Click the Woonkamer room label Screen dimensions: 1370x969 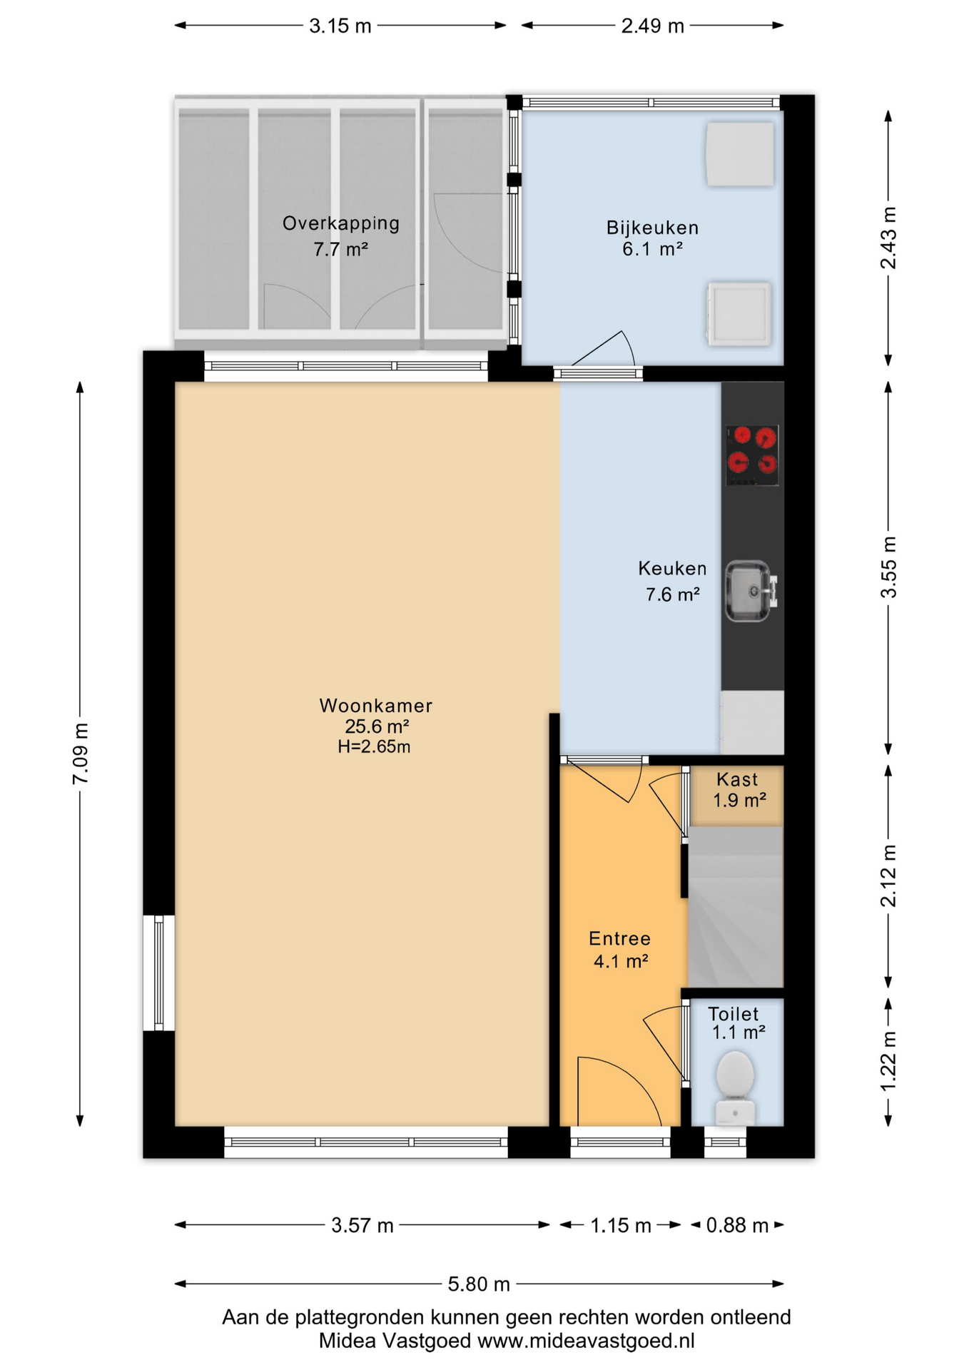point(375,706)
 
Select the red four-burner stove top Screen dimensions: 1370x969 point(752,455)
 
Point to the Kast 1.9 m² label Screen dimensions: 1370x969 point(739,790)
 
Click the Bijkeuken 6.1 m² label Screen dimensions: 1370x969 point(652,238)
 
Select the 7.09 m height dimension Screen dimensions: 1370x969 point(81,753)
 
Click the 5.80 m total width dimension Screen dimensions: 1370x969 point(479,1284)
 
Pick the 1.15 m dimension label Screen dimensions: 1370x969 point(620,1226)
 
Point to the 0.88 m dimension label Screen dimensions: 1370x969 point(737,1226)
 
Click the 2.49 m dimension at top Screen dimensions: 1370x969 point(652,26)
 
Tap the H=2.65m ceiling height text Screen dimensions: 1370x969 point(374,747)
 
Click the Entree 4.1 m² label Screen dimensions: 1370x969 point(620,950)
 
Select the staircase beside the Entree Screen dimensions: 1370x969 point(736,906)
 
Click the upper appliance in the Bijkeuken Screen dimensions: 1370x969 point(740,154)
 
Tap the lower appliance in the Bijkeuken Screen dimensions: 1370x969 point(739,314)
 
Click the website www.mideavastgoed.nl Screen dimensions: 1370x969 point(586,1341)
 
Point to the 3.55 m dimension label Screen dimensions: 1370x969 point(888,567)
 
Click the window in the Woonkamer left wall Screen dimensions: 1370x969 point(159,973)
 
